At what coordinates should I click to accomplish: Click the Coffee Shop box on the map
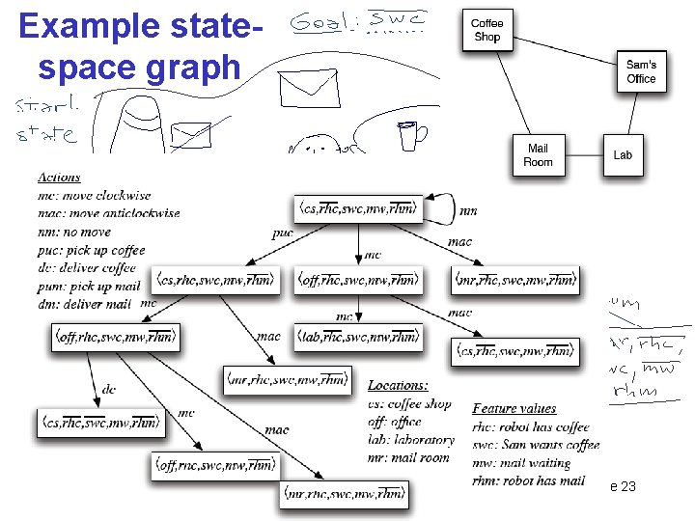point(487,31)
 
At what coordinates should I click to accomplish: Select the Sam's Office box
point(641,72)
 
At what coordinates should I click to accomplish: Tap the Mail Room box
point(538,154)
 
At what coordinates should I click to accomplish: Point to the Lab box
point(623,154)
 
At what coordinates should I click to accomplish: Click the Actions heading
point(59,178)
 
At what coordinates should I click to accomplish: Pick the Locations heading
point(398,385)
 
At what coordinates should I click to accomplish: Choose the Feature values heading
point(514,409)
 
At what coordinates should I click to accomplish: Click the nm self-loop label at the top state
point(468,209)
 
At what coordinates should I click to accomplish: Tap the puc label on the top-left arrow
point(282,233)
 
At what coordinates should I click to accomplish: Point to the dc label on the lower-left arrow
point(108,390)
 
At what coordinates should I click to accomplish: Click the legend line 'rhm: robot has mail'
point(529,480)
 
